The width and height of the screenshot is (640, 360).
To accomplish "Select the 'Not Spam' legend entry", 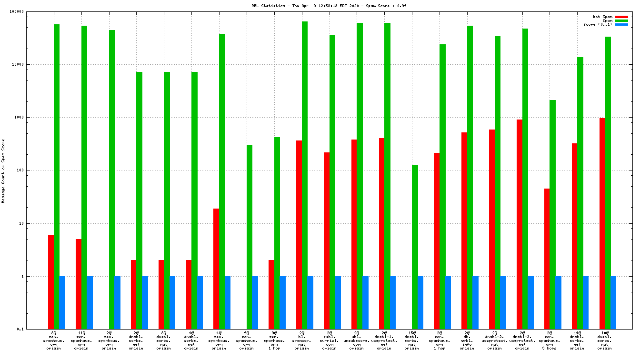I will (x=602, y=17).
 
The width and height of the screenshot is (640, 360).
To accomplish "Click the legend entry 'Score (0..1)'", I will (x=598, y=24).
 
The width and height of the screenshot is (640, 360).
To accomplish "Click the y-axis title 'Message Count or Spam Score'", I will (x=3, y=170).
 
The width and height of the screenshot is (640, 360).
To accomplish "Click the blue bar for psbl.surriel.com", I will (x=338, y=302).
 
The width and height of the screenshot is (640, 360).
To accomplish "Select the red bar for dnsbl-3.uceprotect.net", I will (x=520, y=224).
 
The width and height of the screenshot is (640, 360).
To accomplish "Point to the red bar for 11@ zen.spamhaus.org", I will (x=79, y=284).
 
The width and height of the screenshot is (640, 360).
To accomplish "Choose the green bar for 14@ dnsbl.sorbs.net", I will (x=580, y=193).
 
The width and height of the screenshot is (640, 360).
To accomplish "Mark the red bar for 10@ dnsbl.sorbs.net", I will (x=602, y=223).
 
